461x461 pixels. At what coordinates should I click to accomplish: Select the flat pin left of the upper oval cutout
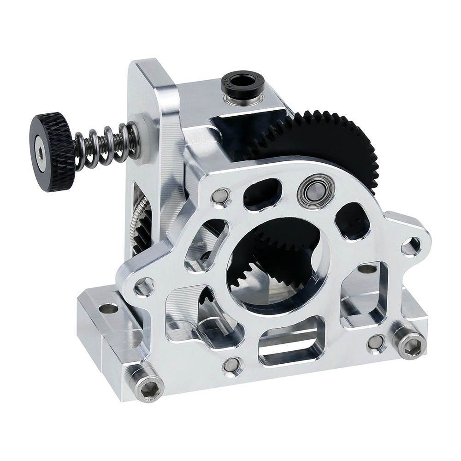221,196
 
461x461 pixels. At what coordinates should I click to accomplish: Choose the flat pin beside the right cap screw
376,343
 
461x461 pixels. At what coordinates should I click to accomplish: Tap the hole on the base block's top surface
108,308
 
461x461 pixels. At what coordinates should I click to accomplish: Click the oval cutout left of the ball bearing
262,194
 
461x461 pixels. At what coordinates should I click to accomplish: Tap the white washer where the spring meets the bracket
144,138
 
